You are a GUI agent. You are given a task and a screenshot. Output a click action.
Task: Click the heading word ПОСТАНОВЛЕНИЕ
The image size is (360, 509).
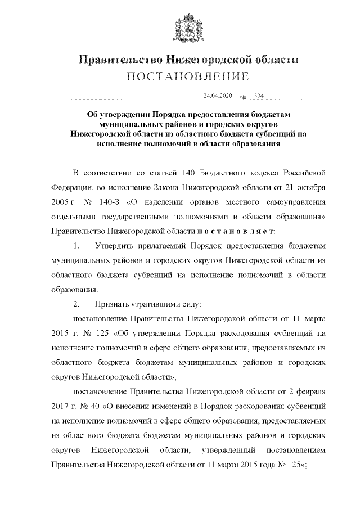[x=180, y=76]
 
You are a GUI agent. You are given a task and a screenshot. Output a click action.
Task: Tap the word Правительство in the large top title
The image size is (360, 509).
[x=117, y=60]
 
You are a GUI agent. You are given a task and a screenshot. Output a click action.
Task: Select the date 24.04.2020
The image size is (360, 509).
[x=217, y=96]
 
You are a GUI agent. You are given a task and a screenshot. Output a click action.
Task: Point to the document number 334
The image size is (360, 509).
[x=259, y=96]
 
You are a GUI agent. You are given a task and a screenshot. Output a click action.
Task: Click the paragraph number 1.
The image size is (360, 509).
[x=77, y=246]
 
